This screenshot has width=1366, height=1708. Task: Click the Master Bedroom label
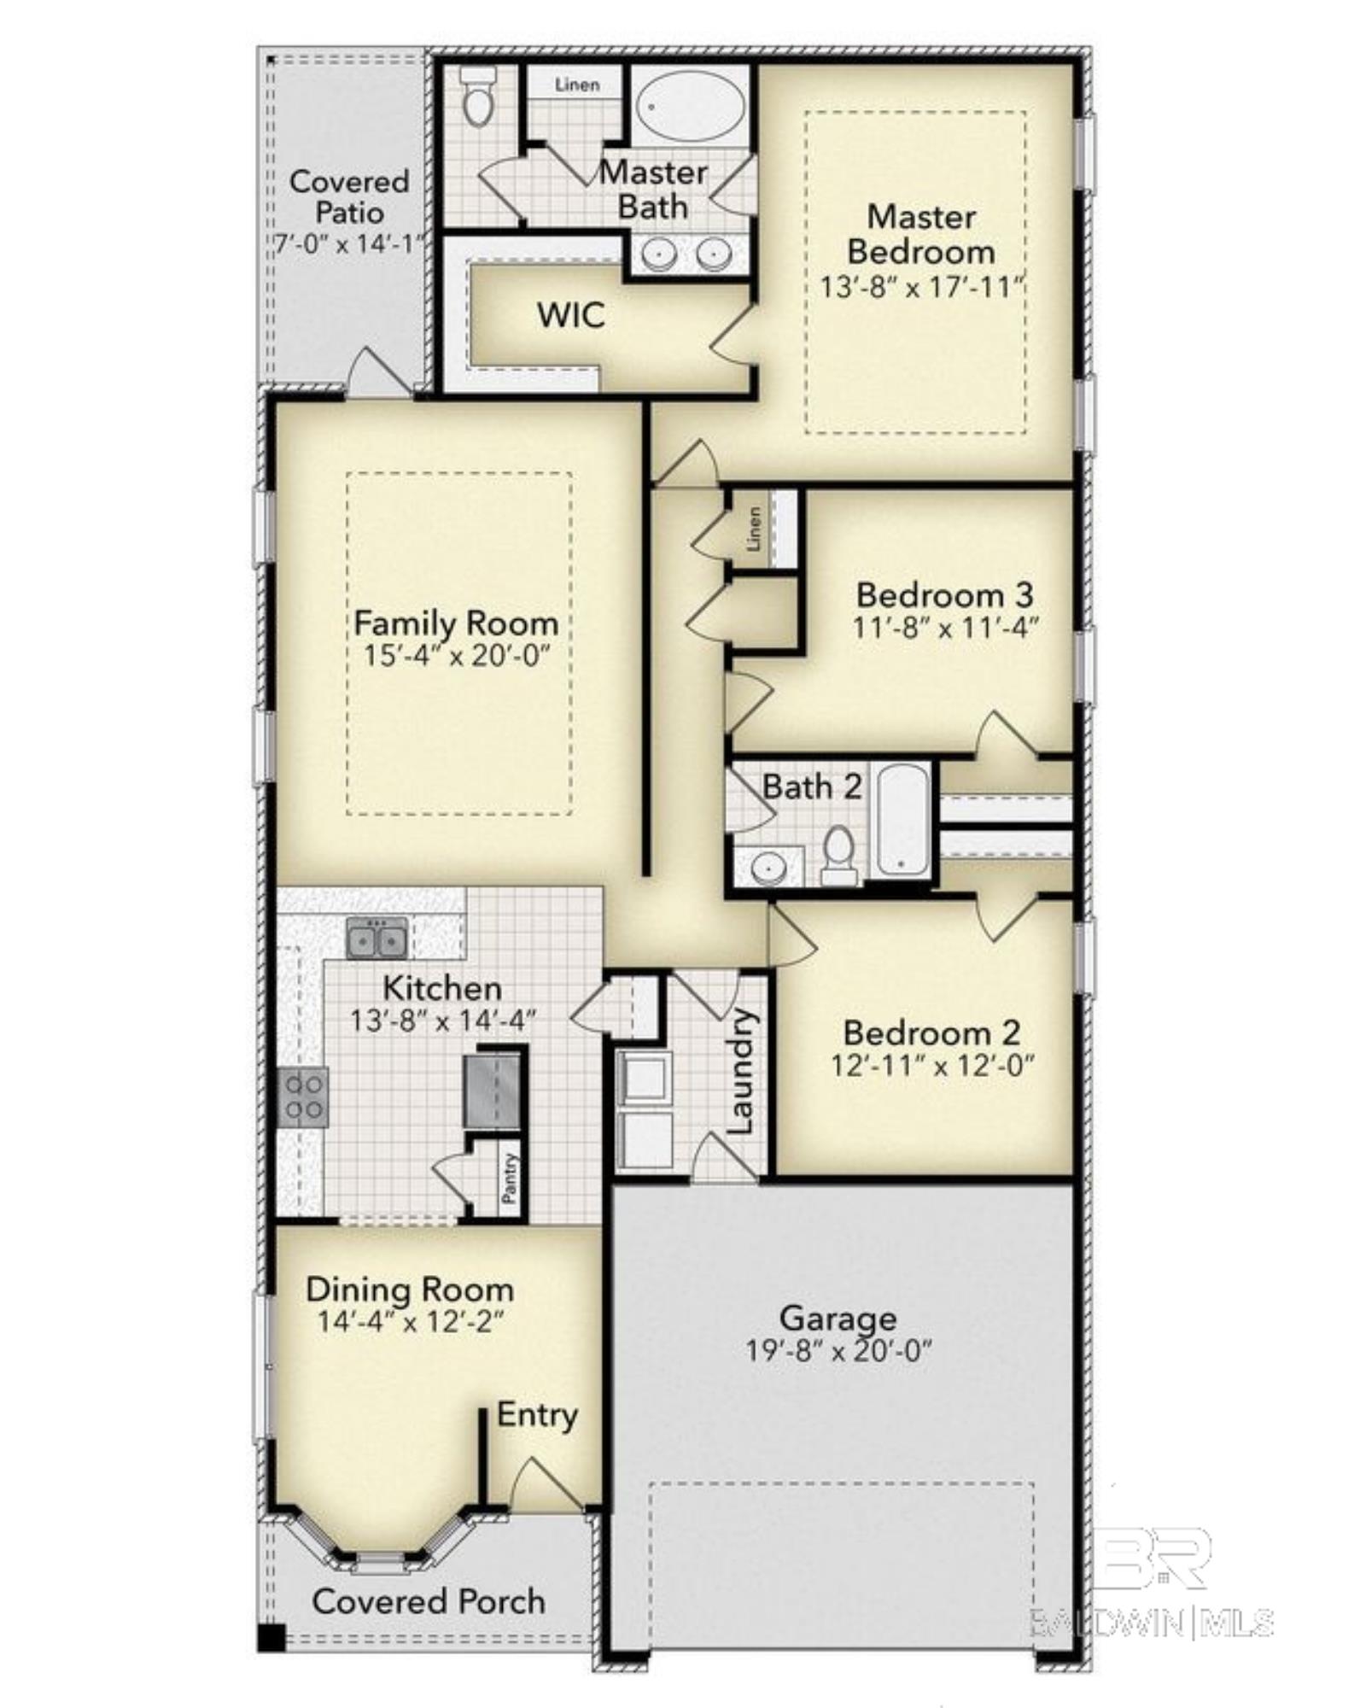click(920, 234)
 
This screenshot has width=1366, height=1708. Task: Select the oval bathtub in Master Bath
click(691, 106)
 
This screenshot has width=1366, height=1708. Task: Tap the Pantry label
click(510, 1179)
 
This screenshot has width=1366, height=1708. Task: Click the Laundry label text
click(740, 1071)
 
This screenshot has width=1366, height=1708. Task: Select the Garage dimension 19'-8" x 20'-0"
click(838, 1351)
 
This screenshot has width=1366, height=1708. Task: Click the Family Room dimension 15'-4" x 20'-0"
click(456, 656)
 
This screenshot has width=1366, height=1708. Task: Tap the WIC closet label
click(571, 315)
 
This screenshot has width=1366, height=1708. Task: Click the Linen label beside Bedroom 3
click(754, 529)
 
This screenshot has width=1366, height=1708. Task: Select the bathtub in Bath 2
click(903, 820)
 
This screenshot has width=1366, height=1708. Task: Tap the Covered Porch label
click(429, 1600)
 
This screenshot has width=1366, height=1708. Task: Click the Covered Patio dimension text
click(348, 243)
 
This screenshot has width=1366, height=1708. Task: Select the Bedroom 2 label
click(931, 1033)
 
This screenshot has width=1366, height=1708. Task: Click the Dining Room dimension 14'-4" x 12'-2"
click(411, 1322)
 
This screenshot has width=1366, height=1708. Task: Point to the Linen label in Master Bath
click(577, 85)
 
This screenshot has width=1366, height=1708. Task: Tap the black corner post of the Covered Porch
click(271, 1637)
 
